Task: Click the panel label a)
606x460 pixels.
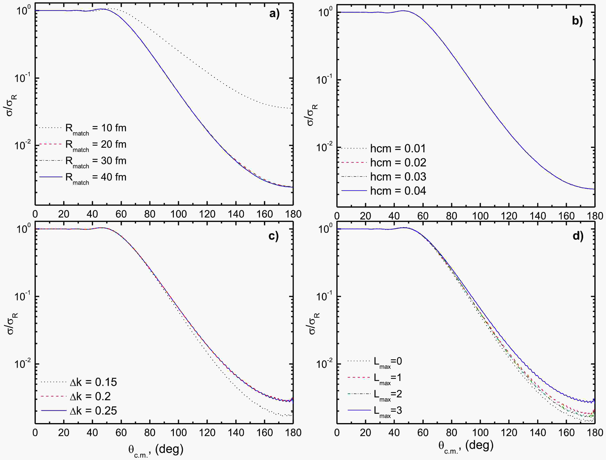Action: click(x=274, y=14)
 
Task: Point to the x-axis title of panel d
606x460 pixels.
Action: click(x=466, y=446)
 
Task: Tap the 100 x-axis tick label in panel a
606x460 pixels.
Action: click(x=178, y=214)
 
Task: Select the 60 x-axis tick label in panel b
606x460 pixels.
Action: click(x=423, y=216)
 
